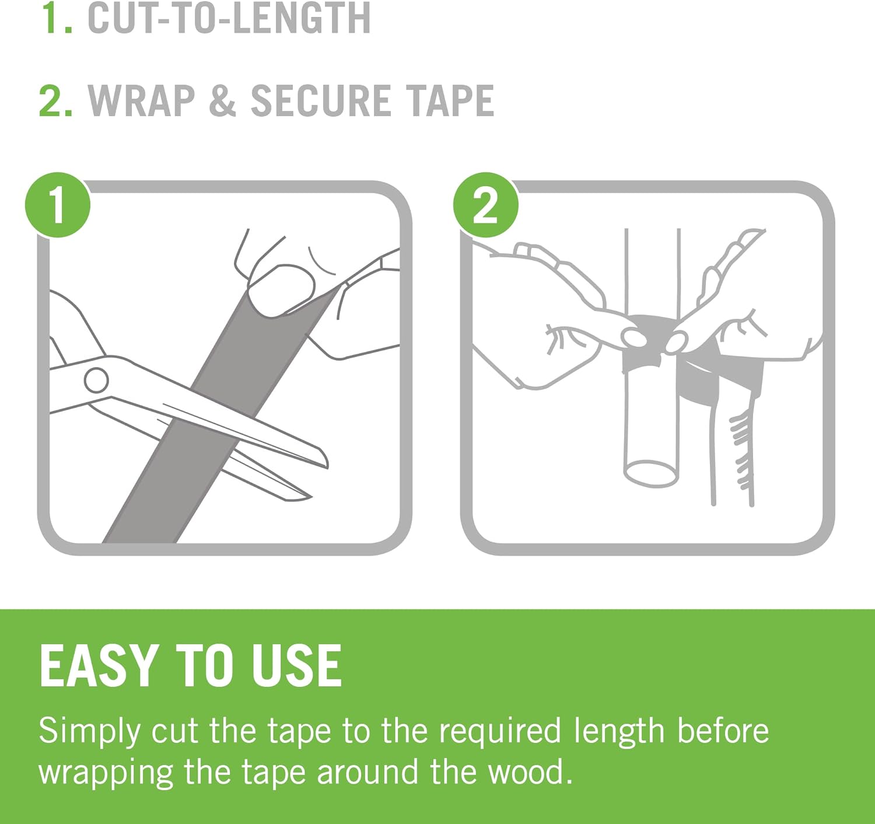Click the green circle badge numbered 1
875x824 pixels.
coord(58,205)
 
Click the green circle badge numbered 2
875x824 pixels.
coord(485,205)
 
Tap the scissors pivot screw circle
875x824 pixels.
coord(96,380)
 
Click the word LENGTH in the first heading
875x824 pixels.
coord(302,19)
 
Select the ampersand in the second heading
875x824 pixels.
coord(222,100)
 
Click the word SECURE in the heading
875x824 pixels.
coord(321,100)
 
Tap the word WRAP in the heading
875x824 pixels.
coord(141,100)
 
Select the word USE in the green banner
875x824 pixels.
coord(296,666)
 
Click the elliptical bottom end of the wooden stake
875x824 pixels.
coord(651,474)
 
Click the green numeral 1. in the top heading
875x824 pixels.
coord(56,19)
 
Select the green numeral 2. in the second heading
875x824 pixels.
coord(56,100)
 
